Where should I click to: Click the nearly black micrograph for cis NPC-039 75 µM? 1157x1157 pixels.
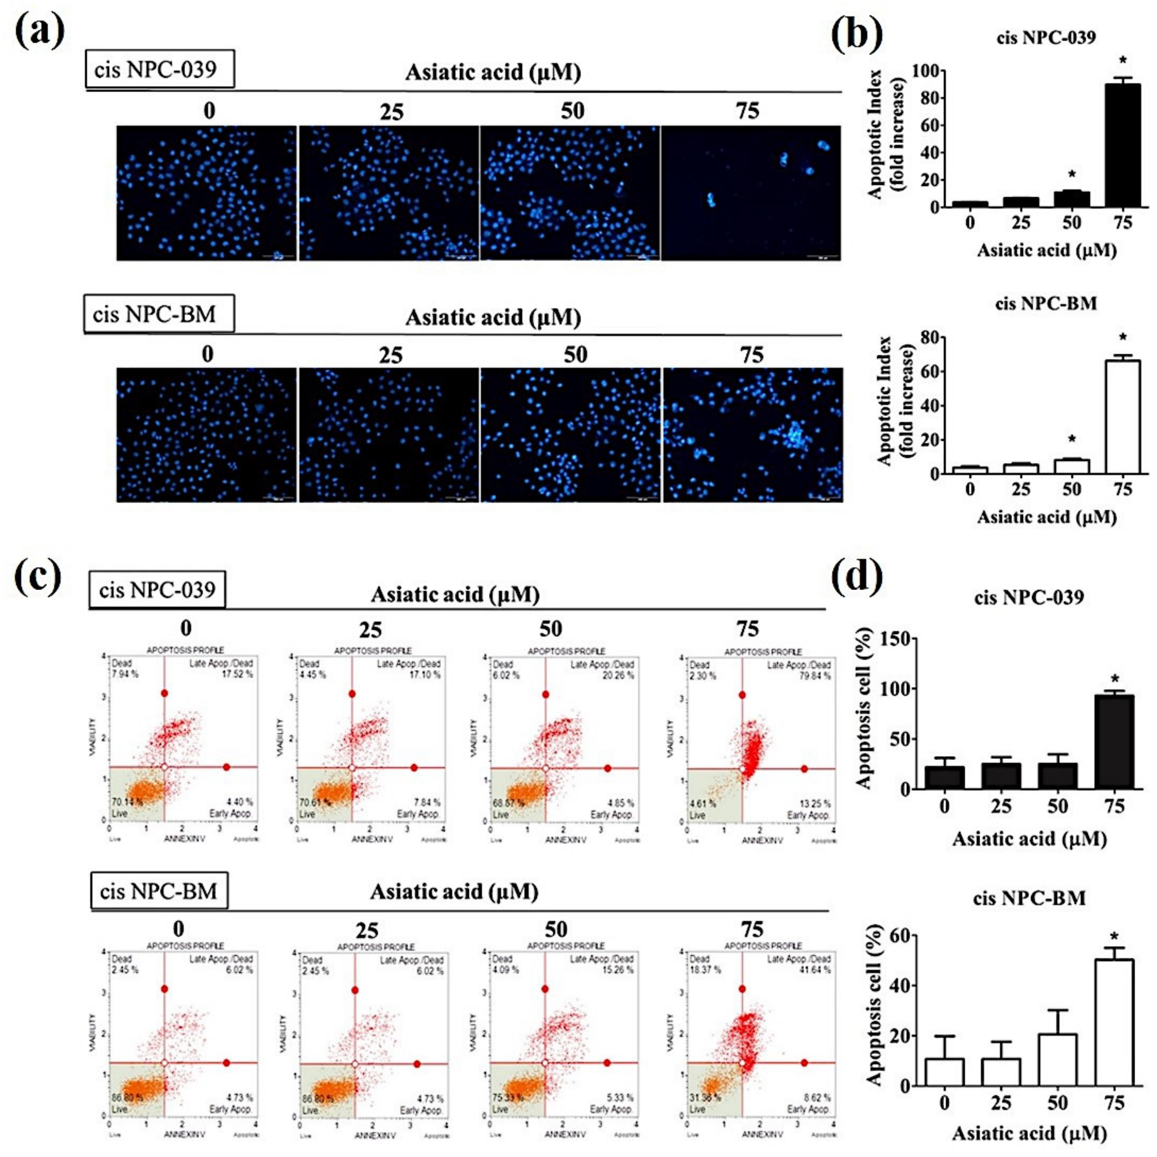(750, 193)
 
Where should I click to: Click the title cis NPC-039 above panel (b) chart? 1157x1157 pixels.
(1046, 38)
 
